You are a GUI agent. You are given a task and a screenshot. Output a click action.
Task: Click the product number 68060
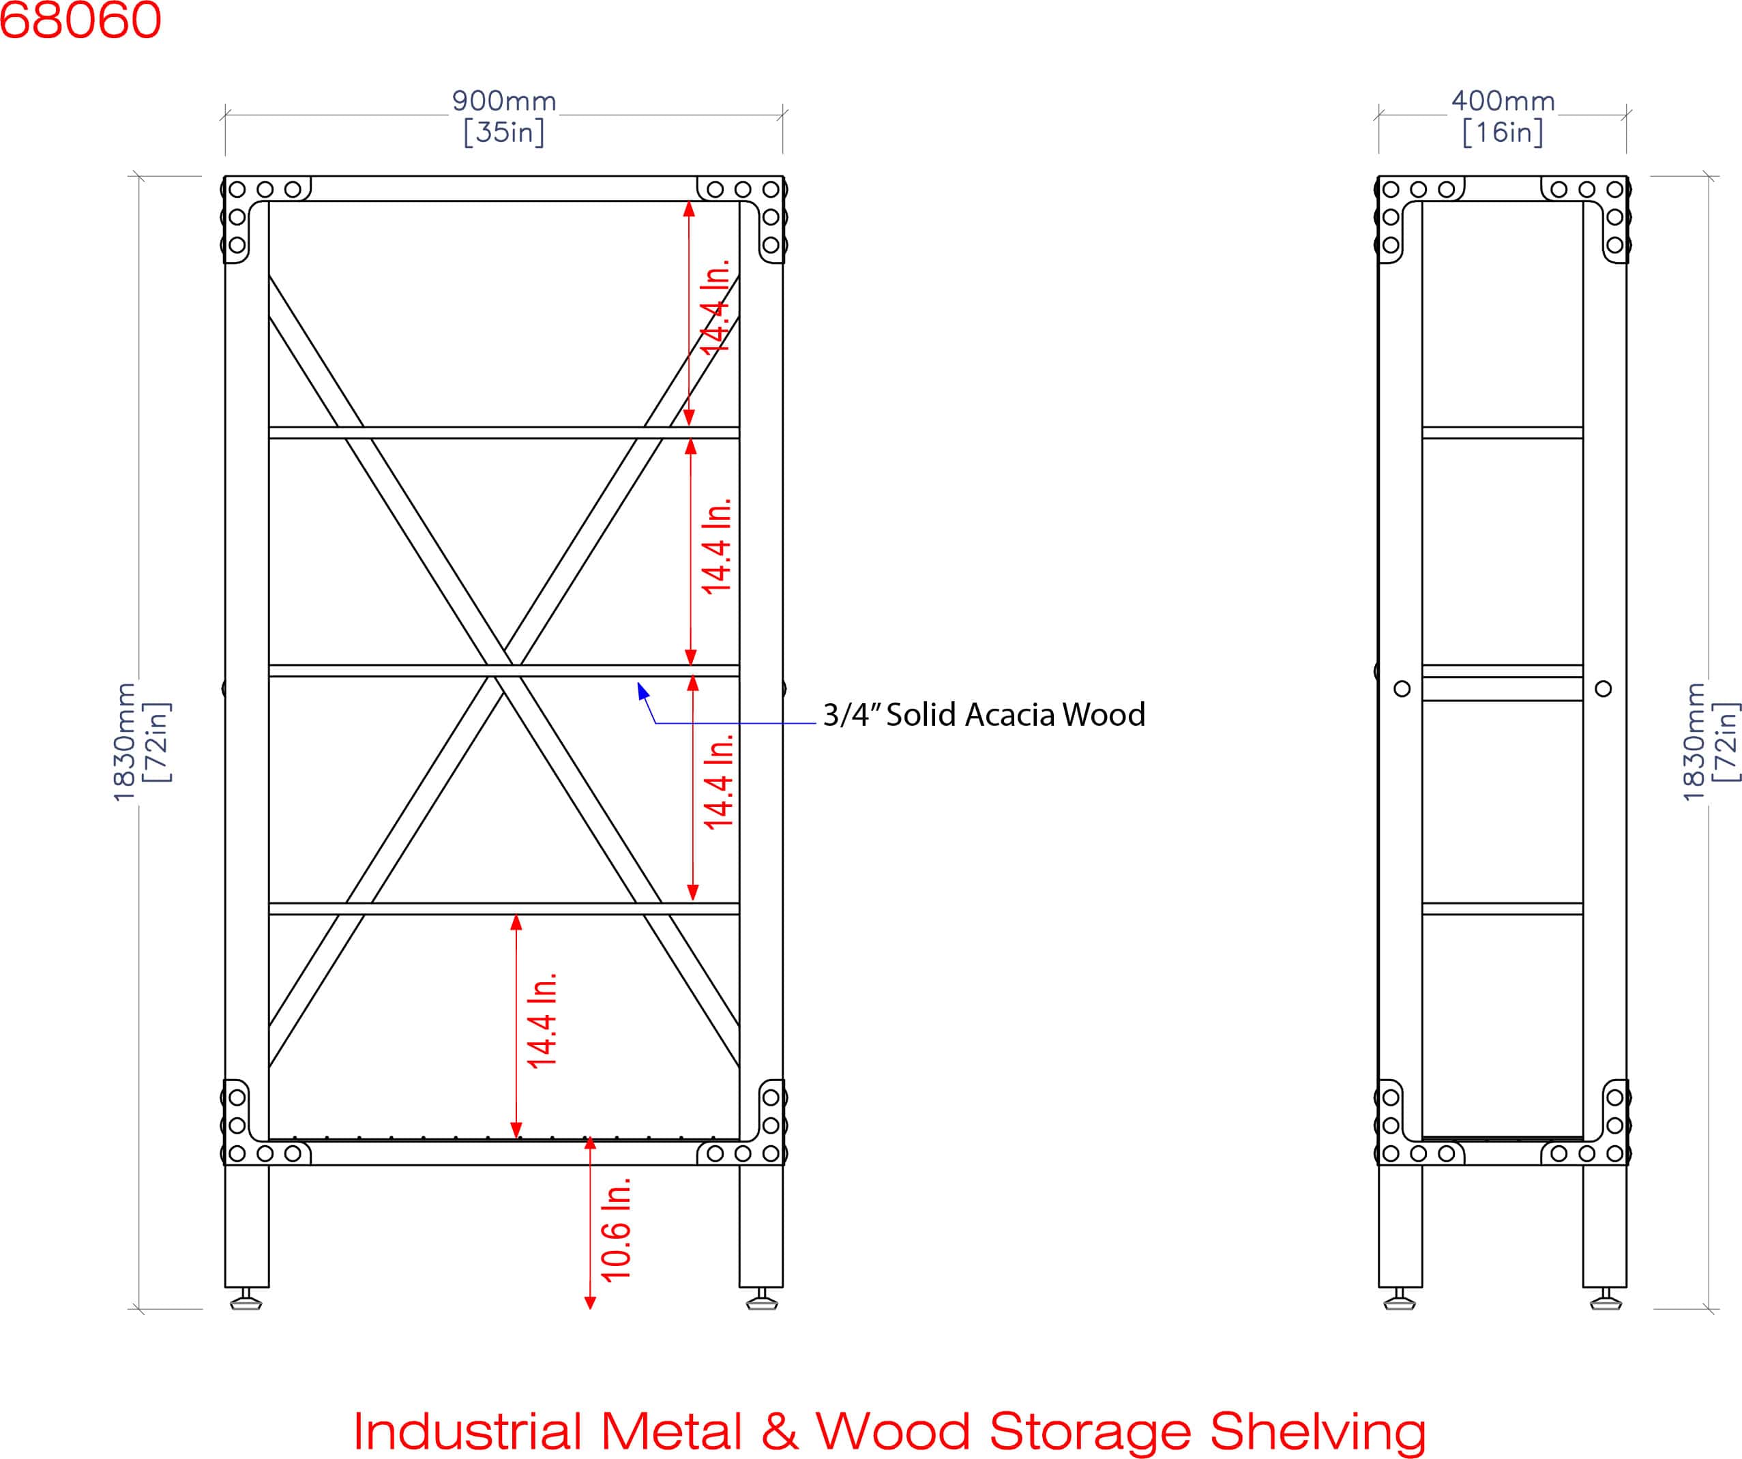pyautogui.click(x=80, y=19)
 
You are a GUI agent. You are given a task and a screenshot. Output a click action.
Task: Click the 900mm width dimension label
pyautogui.click(x=504, y=101)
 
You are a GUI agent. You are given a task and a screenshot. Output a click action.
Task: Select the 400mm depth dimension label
pyautogui.click(x=1503, y=101)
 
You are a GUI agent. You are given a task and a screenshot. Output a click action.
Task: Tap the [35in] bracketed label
pyautogui.click(x=504, y=132)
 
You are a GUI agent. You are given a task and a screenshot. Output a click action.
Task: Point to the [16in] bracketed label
pyautogui.click(x=1503, y=132)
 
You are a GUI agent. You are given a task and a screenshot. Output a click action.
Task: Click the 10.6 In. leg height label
pyautogui.click(x=615, y=1229)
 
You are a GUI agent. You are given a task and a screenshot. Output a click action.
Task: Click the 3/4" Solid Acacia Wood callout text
pyautogui.click(x=984, y=715)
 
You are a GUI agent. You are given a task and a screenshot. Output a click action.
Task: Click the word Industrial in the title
pyautogui.click(x=467, y=1431)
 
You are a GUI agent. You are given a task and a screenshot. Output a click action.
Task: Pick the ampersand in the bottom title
pyautogui.click(x=780, y=1432)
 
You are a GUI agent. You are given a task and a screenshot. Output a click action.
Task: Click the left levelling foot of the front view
pyautogui.click(x=246, y=1299)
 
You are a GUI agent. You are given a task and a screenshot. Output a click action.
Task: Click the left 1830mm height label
pyautogui.click(x=123, y=741)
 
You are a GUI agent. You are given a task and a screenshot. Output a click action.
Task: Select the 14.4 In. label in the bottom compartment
pyautogui.click(x=542, y=1021)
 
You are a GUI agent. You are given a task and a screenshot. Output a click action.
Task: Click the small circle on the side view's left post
pyautogui.click(x=1402, y=688)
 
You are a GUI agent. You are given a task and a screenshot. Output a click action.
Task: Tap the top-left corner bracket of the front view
pyautogui.click(x=266, y=218)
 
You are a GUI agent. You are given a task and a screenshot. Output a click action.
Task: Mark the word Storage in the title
pyautogui.click(x=1089, y=1432)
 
